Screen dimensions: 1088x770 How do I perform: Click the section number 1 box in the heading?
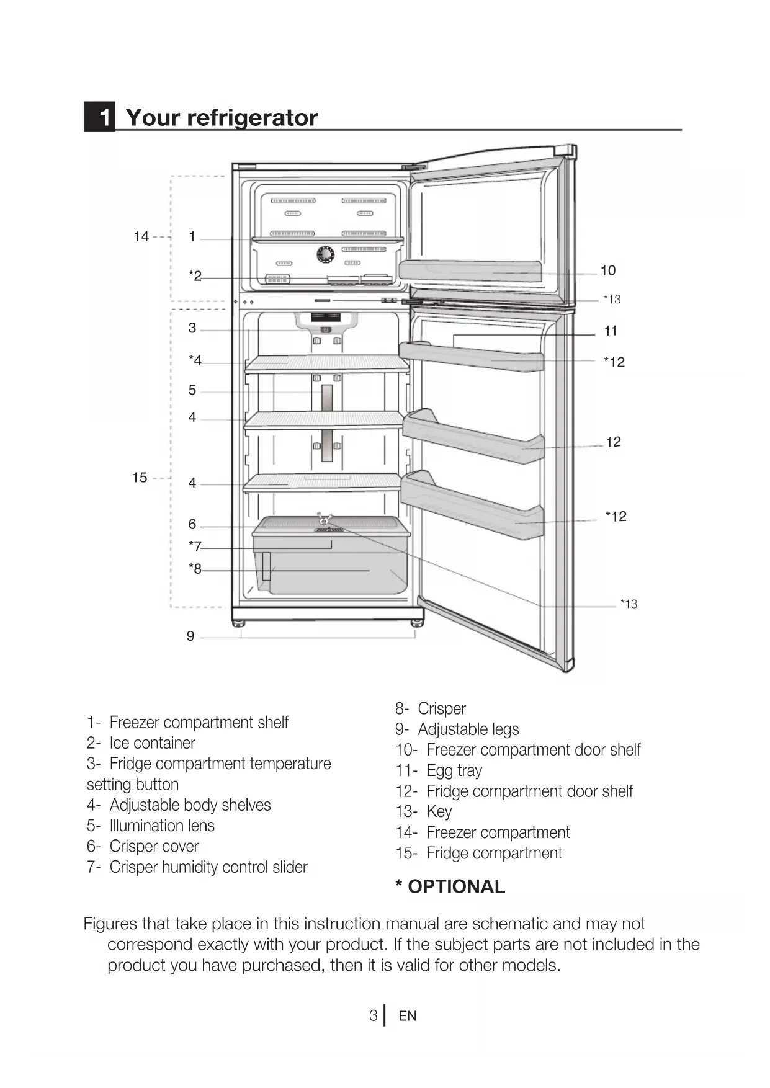click(x=100, y=117)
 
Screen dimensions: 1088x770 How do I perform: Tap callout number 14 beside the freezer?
click(x=141, y=236)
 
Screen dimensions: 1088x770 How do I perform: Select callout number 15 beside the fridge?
click(x=140, y=478)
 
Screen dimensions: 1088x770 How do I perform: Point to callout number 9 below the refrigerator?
click(x=190, y=636)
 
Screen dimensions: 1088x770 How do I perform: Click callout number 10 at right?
click(x=608, y=270)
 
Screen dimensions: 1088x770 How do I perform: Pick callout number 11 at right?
click(x=611, y=331)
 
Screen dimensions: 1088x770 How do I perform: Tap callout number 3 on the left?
click(x=192, y=328)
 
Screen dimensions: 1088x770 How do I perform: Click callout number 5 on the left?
click(x=192, y=390)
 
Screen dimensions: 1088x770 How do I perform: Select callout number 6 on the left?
click(x=192, y=525)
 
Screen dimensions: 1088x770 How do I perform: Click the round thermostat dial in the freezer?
click(x=325, y=254)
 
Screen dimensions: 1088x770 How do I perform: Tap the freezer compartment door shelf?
click(x=470, y=270)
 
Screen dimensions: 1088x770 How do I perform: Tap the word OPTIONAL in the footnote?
click(x=456, y=887)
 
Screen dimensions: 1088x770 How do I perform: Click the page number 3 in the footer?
click(x=373, y=1015)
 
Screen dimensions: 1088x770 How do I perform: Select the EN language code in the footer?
click(x=408, y=1016)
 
